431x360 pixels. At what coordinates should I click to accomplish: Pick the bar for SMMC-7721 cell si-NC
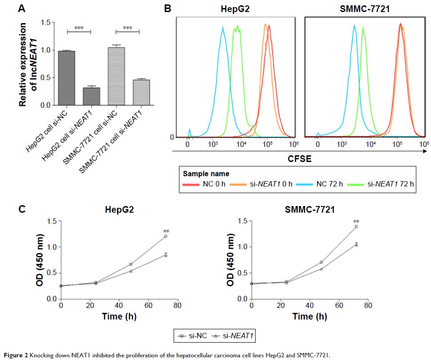(x=115, y=76)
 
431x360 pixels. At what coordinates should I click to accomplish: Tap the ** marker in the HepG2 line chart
(x=166, y=231)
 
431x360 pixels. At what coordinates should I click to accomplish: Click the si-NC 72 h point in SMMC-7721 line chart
(x=356, y=227)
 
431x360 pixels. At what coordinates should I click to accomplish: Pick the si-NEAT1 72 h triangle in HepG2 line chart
(x=166, y=255)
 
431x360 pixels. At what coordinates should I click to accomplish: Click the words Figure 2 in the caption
(x=14, y=355)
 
